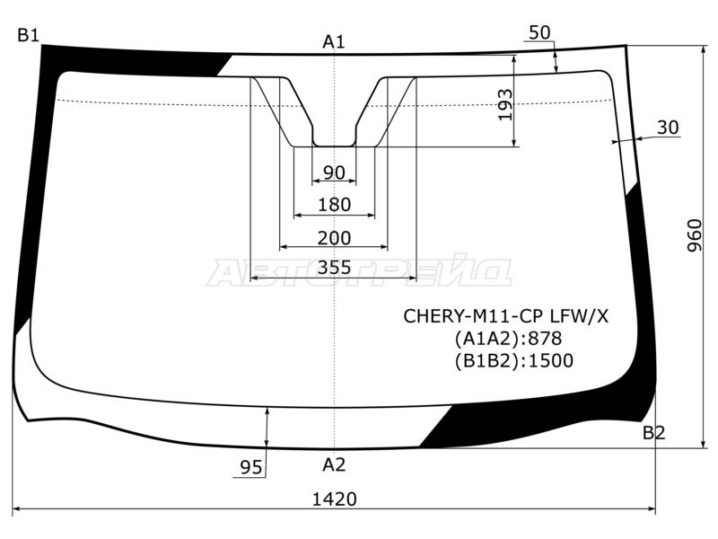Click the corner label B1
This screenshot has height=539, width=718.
28,36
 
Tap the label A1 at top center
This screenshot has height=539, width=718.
334,40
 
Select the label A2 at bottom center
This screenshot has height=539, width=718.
334,464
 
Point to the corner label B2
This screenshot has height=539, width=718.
653,434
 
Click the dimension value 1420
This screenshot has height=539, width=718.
335,499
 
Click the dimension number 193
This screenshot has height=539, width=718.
504,105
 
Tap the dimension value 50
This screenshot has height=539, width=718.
539,32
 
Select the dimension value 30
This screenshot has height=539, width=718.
668,128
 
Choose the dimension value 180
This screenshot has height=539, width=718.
334,205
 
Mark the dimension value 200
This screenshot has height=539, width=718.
334,237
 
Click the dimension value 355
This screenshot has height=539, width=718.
334,267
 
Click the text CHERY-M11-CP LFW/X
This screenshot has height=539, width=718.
505,316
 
